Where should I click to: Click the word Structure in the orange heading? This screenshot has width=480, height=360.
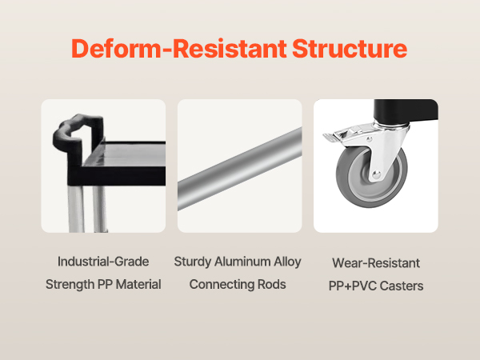[x=350, y=48]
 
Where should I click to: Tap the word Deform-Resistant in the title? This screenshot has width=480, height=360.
[x=179, y=48]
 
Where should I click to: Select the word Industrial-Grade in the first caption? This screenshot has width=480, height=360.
[x=103, y=262]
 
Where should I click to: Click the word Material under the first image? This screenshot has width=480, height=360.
[x=138, y=284]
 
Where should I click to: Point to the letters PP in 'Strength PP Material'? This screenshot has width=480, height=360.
[x=105, y=284]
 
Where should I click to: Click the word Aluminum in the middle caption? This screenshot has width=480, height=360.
[x=242, y=262]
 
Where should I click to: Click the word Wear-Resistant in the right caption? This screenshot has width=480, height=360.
[x=376, y=263]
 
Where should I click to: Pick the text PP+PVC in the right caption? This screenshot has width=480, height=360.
[x=353, y=286]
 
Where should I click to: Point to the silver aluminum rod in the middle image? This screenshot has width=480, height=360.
[x=240, y=169]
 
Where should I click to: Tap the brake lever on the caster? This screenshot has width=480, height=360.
[x=340, y=136]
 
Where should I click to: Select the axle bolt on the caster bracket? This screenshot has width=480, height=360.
[x=377, y=174]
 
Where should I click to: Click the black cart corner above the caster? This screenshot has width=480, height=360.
[x=406, y=111]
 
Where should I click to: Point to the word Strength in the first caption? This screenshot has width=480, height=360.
[x=70, y=285]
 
